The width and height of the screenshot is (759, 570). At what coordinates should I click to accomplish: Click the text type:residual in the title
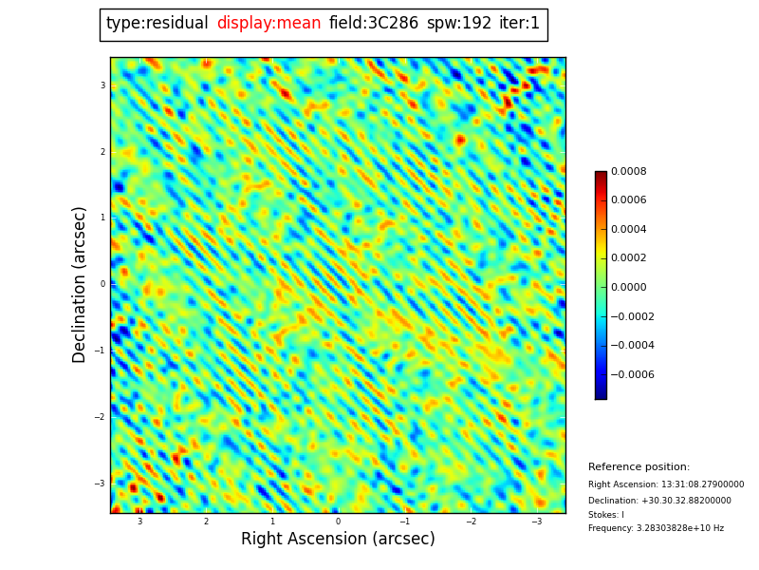pyautogui.click(x=157, y=24)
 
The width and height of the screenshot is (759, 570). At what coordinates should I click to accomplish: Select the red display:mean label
pyautogui.click(x=268, y=24)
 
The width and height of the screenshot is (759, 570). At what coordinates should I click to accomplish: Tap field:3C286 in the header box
pyautogui.click(x=374, y=24)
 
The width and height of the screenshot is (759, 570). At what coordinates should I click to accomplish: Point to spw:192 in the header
pyautogui.click(x=459, y=24)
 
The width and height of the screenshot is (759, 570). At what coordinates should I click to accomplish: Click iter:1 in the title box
pyautogui.click(x=519, y=24)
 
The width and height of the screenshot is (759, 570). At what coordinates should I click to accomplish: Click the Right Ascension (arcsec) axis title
pyautogui.click(x=338, y=540)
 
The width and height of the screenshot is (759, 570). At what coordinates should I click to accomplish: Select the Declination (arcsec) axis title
pyautogui.click(x=81, y=284)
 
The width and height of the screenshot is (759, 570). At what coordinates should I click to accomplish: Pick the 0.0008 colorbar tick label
pyautogui.click(x=629, y=172)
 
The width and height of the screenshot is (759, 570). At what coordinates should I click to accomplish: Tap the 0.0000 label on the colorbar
pyautogui.click(x=629, y=287)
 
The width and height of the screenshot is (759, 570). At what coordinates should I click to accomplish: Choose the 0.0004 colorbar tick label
pyautogui.click(x=629, y=229)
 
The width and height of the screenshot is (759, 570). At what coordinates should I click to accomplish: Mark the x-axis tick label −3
pyautogui.click(x=536, y=522)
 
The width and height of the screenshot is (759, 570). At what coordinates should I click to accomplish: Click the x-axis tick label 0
pyautogui.click(x=338, y=522)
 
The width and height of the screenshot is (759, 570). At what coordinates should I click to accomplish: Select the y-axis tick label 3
pyautogui.click(x=102, y=85)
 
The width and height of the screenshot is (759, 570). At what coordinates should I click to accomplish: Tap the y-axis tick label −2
pyautogui.click(x=100, y=417)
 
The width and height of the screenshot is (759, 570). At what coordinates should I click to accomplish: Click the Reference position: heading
pyautogui.click(x=639, y=467)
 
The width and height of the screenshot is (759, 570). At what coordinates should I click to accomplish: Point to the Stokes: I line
pyautogui.click(x=606, y=515)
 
